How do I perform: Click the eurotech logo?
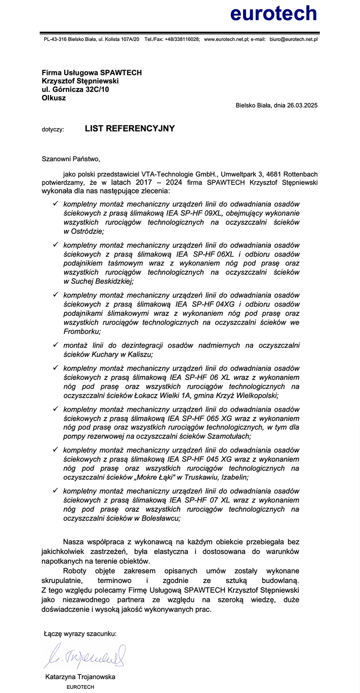pos(273,13)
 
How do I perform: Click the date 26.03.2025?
pos(302,106)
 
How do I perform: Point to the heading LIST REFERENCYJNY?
pos(130,129)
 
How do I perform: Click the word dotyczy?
pos(52,129)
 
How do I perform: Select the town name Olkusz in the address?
pos(54,98)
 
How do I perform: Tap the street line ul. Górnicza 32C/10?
pos(75,89)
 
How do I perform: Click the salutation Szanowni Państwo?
pos(70,159)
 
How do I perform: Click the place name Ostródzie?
pos(87,231)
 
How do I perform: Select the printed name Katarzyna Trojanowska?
pos(80,677)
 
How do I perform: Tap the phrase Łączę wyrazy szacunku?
pos(80,634)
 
